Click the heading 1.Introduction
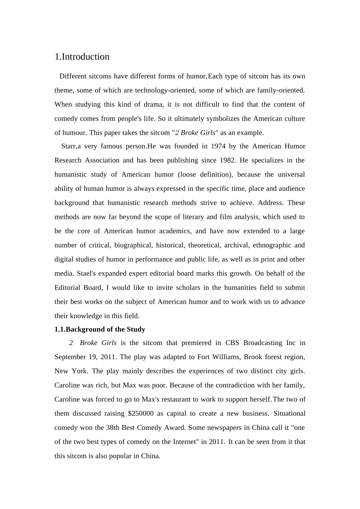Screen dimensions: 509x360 [82, 57]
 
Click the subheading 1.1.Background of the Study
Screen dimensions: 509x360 [100, 329]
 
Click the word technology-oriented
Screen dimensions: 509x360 [165, 90]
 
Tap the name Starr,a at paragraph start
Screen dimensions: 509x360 [71, 146]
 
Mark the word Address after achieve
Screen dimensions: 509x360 [270, 203]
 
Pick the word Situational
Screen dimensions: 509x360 [289, 414]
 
